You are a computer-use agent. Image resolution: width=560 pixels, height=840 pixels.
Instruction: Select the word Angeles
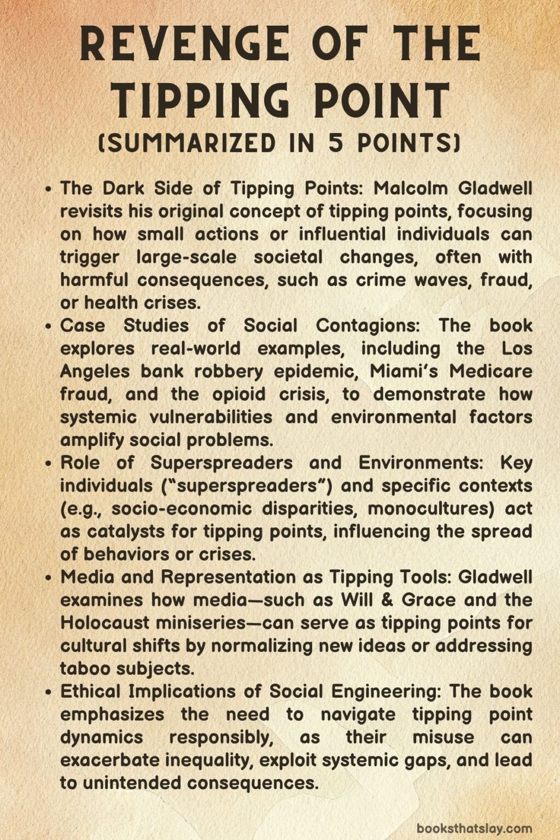[95, 371]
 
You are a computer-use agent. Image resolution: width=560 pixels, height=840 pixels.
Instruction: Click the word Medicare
[491, 371]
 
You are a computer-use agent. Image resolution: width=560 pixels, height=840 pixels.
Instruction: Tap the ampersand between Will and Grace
[387, 600]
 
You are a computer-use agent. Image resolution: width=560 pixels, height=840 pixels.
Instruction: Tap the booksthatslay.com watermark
[474, 828]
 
